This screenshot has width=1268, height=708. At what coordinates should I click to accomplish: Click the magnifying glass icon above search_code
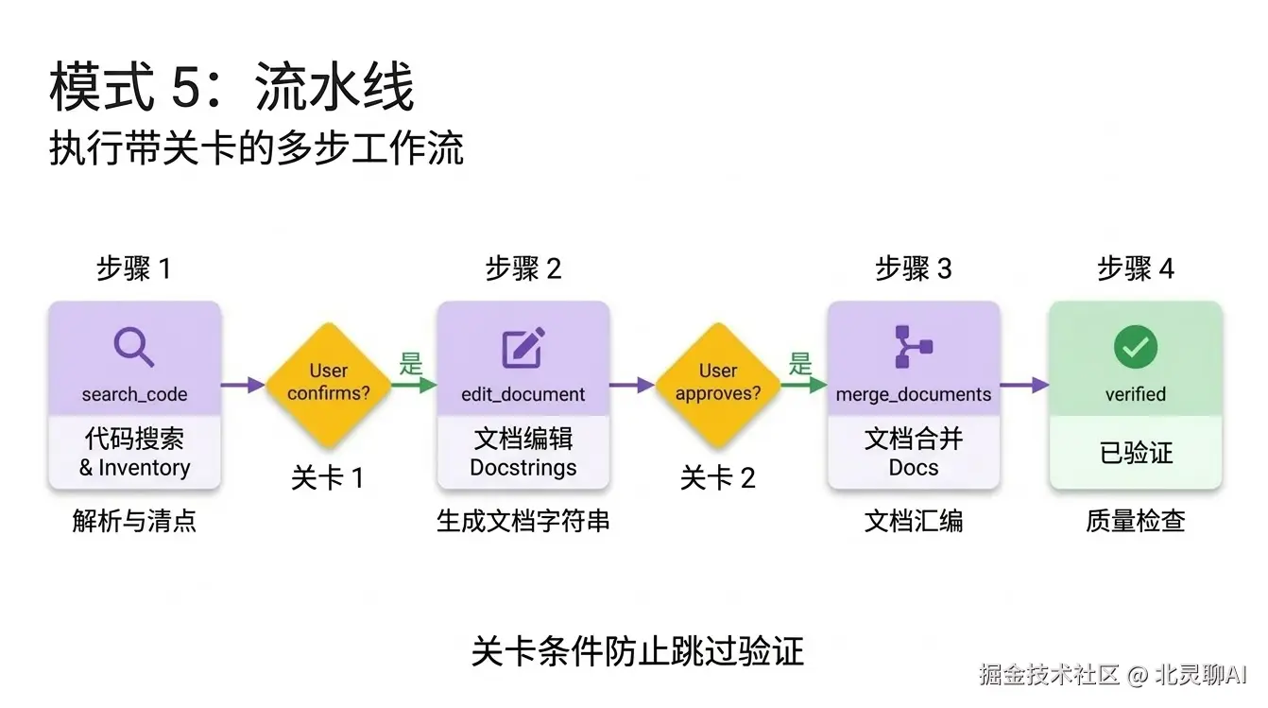[x=134, y=347]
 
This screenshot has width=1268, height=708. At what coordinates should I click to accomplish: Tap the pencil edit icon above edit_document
[x=523, y=347]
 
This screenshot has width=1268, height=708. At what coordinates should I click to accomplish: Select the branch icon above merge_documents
[x=913, y=347]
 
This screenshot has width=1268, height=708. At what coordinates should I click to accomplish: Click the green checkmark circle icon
[x=1135, y=347]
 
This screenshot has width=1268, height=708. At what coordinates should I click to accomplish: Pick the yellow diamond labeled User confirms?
[x=328, y=383]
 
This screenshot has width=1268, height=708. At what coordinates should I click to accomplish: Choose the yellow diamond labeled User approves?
[x=718, y=383]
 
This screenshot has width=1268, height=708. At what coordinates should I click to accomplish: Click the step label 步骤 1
[x=134, y=268]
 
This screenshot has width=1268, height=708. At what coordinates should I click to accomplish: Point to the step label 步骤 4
[x=1135, y=268]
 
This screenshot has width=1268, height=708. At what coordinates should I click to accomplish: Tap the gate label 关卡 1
[x=328, y=478]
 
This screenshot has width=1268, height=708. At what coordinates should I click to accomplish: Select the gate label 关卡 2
[x=718, y=478]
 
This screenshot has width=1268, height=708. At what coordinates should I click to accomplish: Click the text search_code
[x=134, y=394]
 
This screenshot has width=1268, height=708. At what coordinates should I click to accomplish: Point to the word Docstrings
[x=523, y=468]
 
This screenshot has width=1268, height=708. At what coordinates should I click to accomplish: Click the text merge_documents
[x=913, y=394]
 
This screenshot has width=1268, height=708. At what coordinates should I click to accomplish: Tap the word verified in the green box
[x=1135, y=394]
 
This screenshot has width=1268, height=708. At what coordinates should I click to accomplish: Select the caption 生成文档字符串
[x=523, y=521]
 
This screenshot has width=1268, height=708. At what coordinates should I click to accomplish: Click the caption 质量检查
[x=1135, y=521]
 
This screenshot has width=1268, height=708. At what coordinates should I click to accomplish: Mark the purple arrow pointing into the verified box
[x=1024, y=385]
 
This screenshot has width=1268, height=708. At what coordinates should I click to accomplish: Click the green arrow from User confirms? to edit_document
[x=413, y=385]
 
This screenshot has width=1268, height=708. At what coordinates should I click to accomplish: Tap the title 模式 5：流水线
[x=231, y=89]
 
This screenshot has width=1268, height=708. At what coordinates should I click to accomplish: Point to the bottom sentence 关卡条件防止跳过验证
[x=637, y=651]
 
